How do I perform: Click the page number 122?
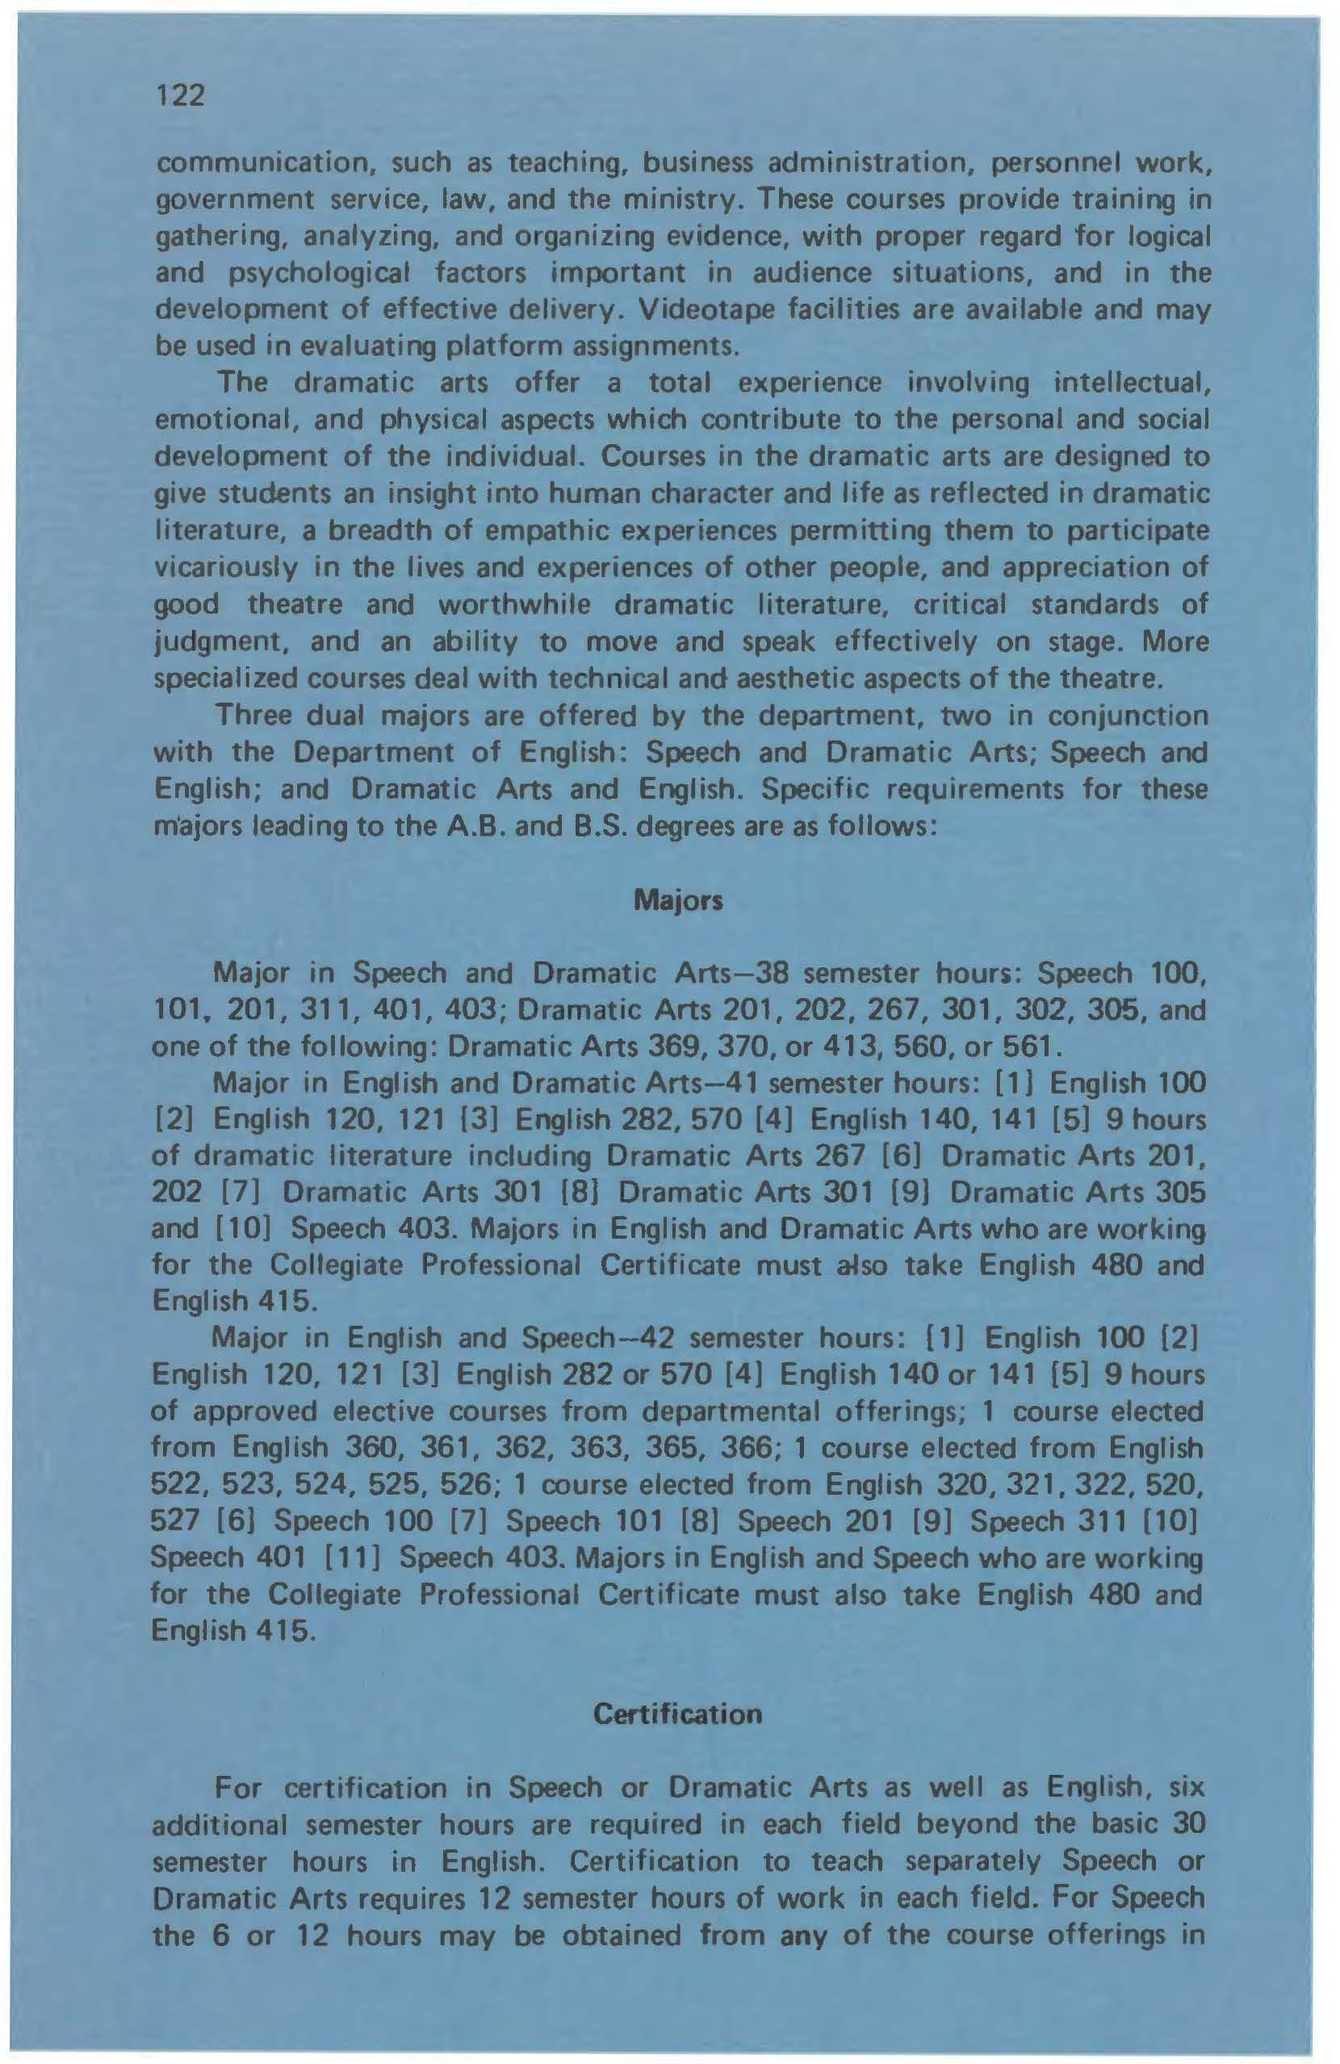pyautogui.click(x=181, y=95)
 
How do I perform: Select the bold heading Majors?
pyautogui.click(x=679, y=901)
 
